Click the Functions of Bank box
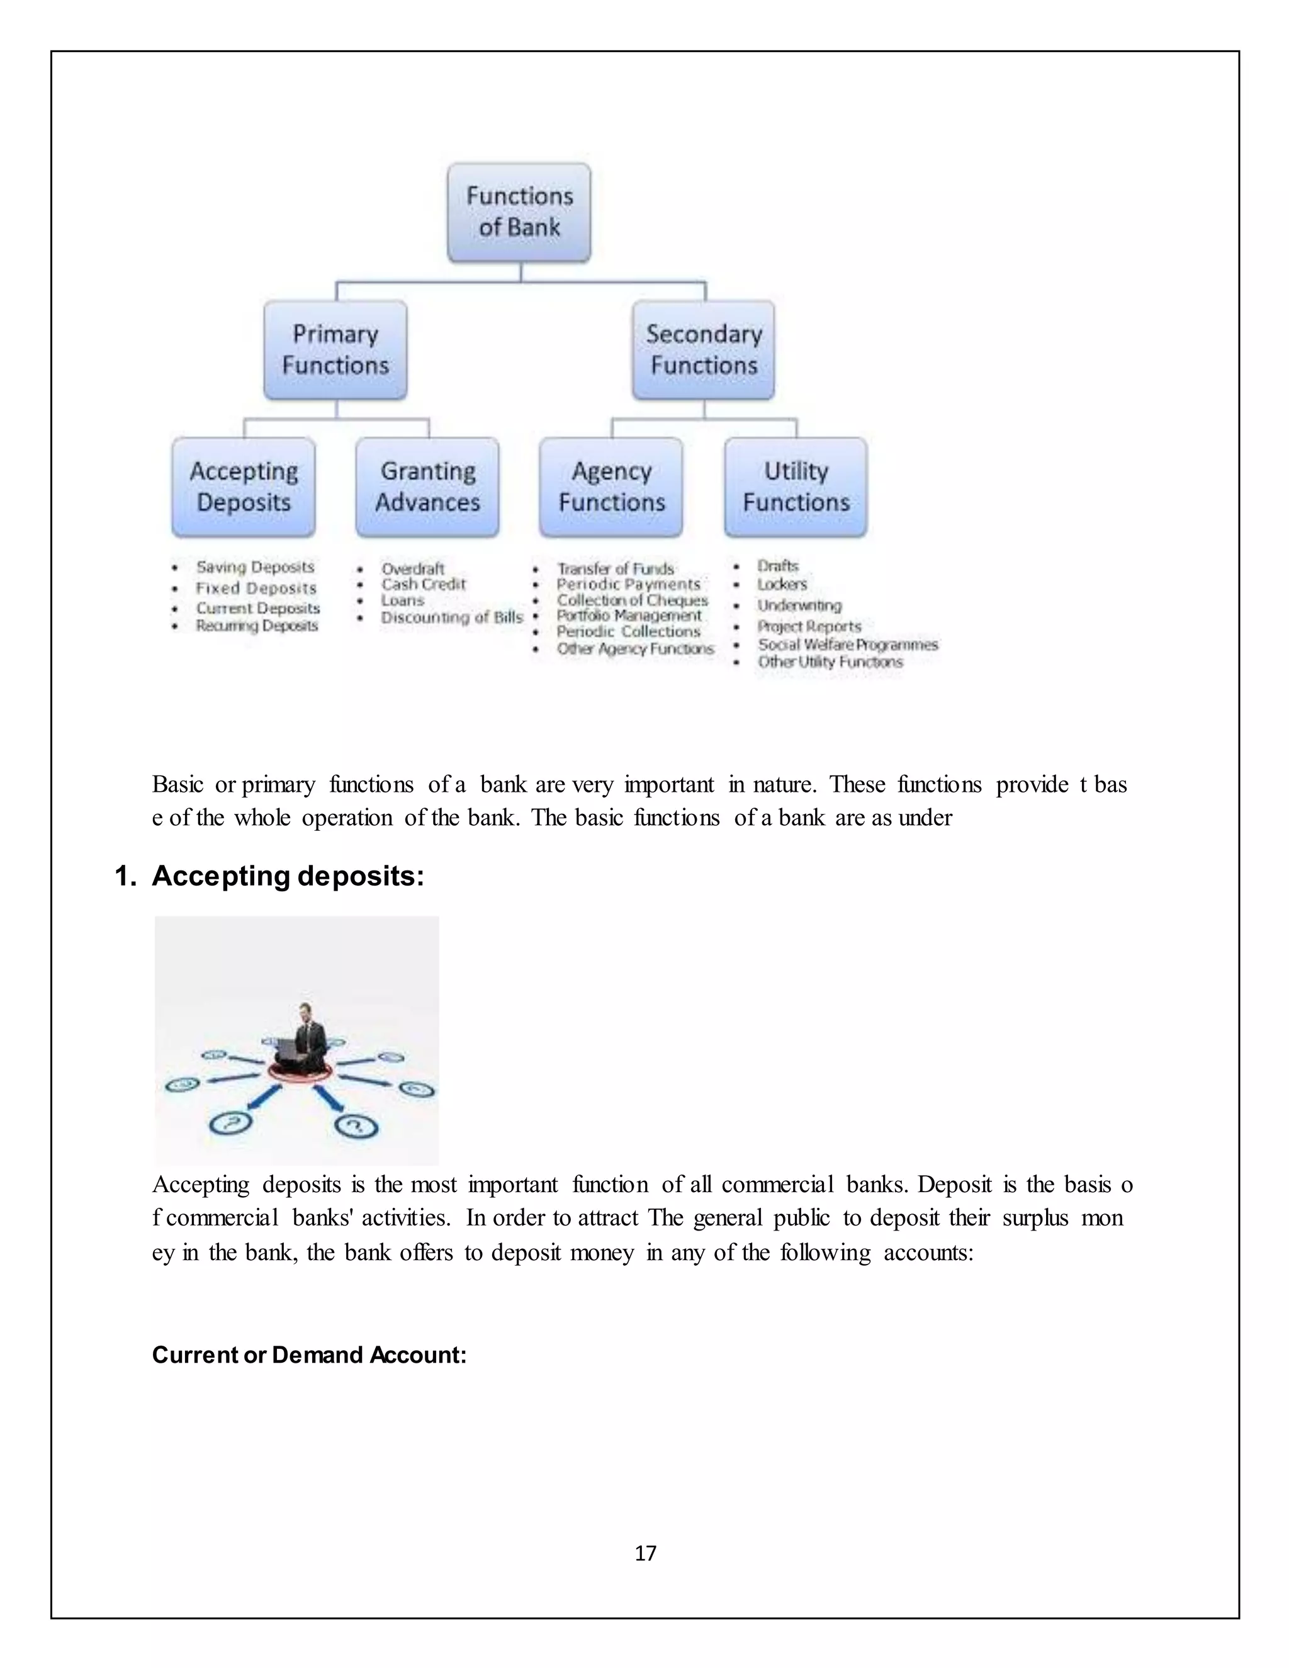point(519,211)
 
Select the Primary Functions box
point(335,350)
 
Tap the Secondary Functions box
point(703,350)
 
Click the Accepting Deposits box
point(244,487)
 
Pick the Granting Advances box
point(427,487)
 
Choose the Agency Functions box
point(612,487)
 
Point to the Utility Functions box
point(796,487)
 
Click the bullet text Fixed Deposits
point(256,588)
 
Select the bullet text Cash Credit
point(423,584)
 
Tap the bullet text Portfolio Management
point(629,616)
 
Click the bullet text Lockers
point(782,584)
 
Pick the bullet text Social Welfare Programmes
point(848,645)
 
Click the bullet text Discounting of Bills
point(452,617)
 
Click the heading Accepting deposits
point(288,876)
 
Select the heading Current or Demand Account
point(309,1354)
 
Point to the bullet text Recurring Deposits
point(257,626)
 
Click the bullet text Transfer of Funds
point(616,569)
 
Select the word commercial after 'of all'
point(777,1185)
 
